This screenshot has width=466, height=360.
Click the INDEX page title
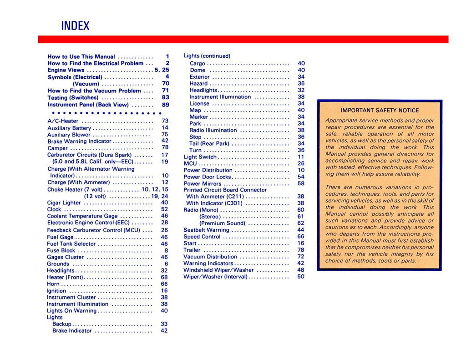coord(75,26)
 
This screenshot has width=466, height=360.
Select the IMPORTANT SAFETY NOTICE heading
coord(380,110)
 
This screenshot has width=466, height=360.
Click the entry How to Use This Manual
coord(81,56)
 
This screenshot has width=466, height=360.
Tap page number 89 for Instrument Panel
coord(165,105)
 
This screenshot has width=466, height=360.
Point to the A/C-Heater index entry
coord(63,121)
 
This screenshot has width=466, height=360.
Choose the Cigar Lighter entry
coord(64,203)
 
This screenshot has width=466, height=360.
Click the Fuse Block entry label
coord(61,250)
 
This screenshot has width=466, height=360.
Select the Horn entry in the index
coord(53,284)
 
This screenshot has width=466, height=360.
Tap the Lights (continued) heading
coord(207,56)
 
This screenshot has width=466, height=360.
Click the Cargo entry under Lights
coord(198,64)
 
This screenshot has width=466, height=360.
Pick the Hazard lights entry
coord(198,84)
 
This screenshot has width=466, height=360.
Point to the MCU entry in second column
coord(190,163)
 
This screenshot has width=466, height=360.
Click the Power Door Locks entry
coord(208,177)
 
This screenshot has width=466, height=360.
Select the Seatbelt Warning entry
coord(206,230)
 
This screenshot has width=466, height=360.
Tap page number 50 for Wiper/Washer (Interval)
coord(301,277)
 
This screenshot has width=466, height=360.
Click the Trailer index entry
coord(192,250)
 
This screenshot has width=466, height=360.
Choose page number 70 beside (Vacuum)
coord(165,84)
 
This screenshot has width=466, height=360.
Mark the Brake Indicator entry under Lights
coord(72,331)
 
